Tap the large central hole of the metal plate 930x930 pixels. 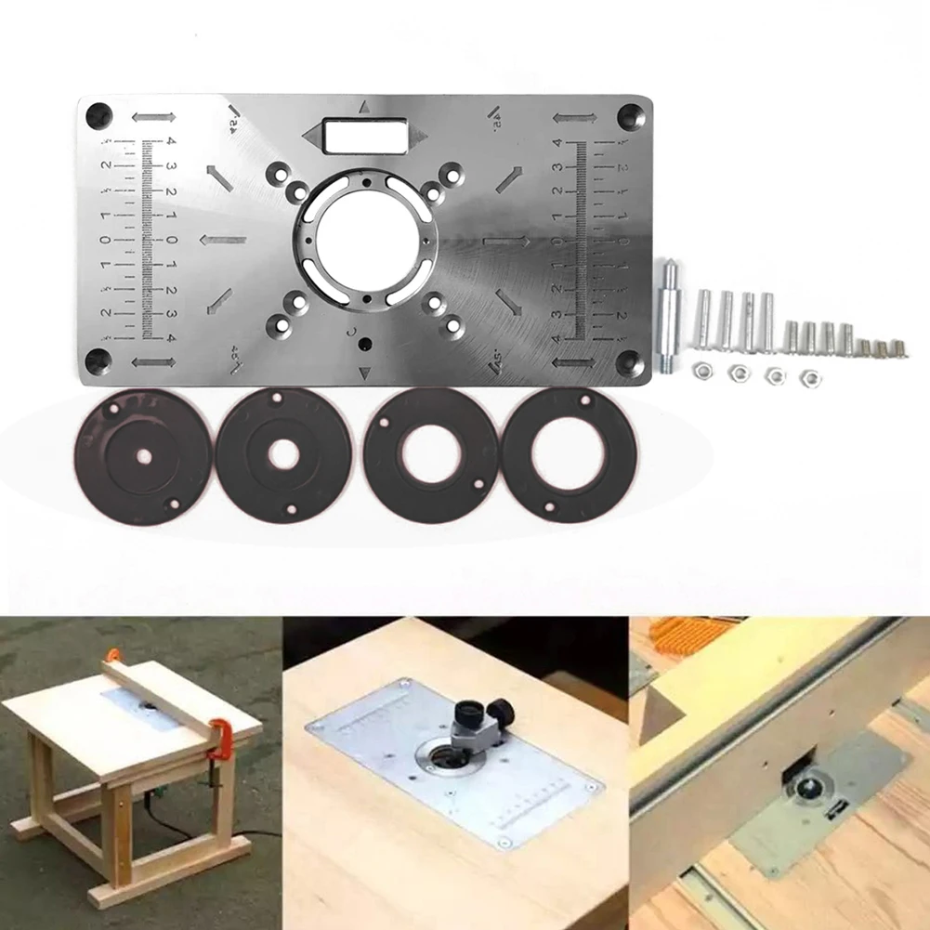click(x=364, y=238)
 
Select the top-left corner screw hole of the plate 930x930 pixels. click(x=99, y=116)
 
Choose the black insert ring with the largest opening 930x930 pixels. click(x=569, y=453)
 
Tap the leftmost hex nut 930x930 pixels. click(x=703, y=371)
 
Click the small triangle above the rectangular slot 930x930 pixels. click(x=365, y=107)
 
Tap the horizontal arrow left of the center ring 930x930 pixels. click(x=223, y=240)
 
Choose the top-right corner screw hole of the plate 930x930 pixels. click(x=632, y=114)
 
